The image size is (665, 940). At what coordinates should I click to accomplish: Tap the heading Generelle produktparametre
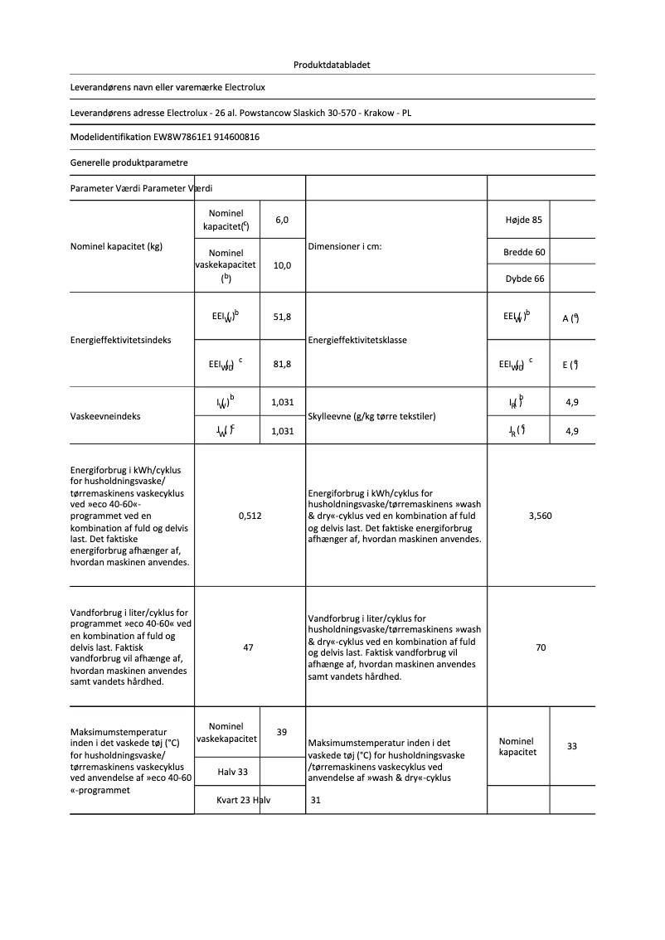tap(129, 162)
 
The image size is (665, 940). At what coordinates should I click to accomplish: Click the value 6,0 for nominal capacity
tap(282, 220)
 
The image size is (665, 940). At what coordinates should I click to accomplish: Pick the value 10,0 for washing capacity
tap(282, 265)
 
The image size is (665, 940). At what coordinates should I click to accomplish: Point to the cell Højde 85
tap(523, 220)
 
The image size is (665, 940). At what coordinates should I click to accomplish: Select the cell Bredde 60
tap(523, 252)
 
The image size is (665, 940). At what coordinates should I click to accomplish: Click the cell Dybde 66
tap(524, 279)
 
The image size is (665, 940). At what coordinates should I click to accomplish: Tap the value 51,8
tap(282, 317)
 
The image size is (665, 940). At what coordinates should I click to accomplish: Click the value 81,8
tap(282, 363)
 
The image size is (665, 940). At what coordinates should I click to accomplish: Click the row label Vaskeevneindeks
tap(105, 416)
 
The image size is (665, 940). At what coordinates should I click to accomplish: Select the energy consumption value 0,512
tap(250, 516)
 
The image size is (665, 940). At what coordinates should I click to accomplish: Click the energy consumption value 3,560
tap(540, 516)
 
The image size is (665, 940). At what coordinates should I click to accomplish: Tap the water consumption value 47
tap(248, 647)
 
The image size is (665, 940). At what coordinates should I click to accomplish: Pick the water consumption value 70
tap(541, 647)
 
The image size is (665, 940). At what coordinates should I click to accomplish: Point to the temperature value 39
tap(282, 732)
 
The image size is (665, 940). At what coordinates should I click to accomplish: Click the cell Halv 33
tap(232, 772)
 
